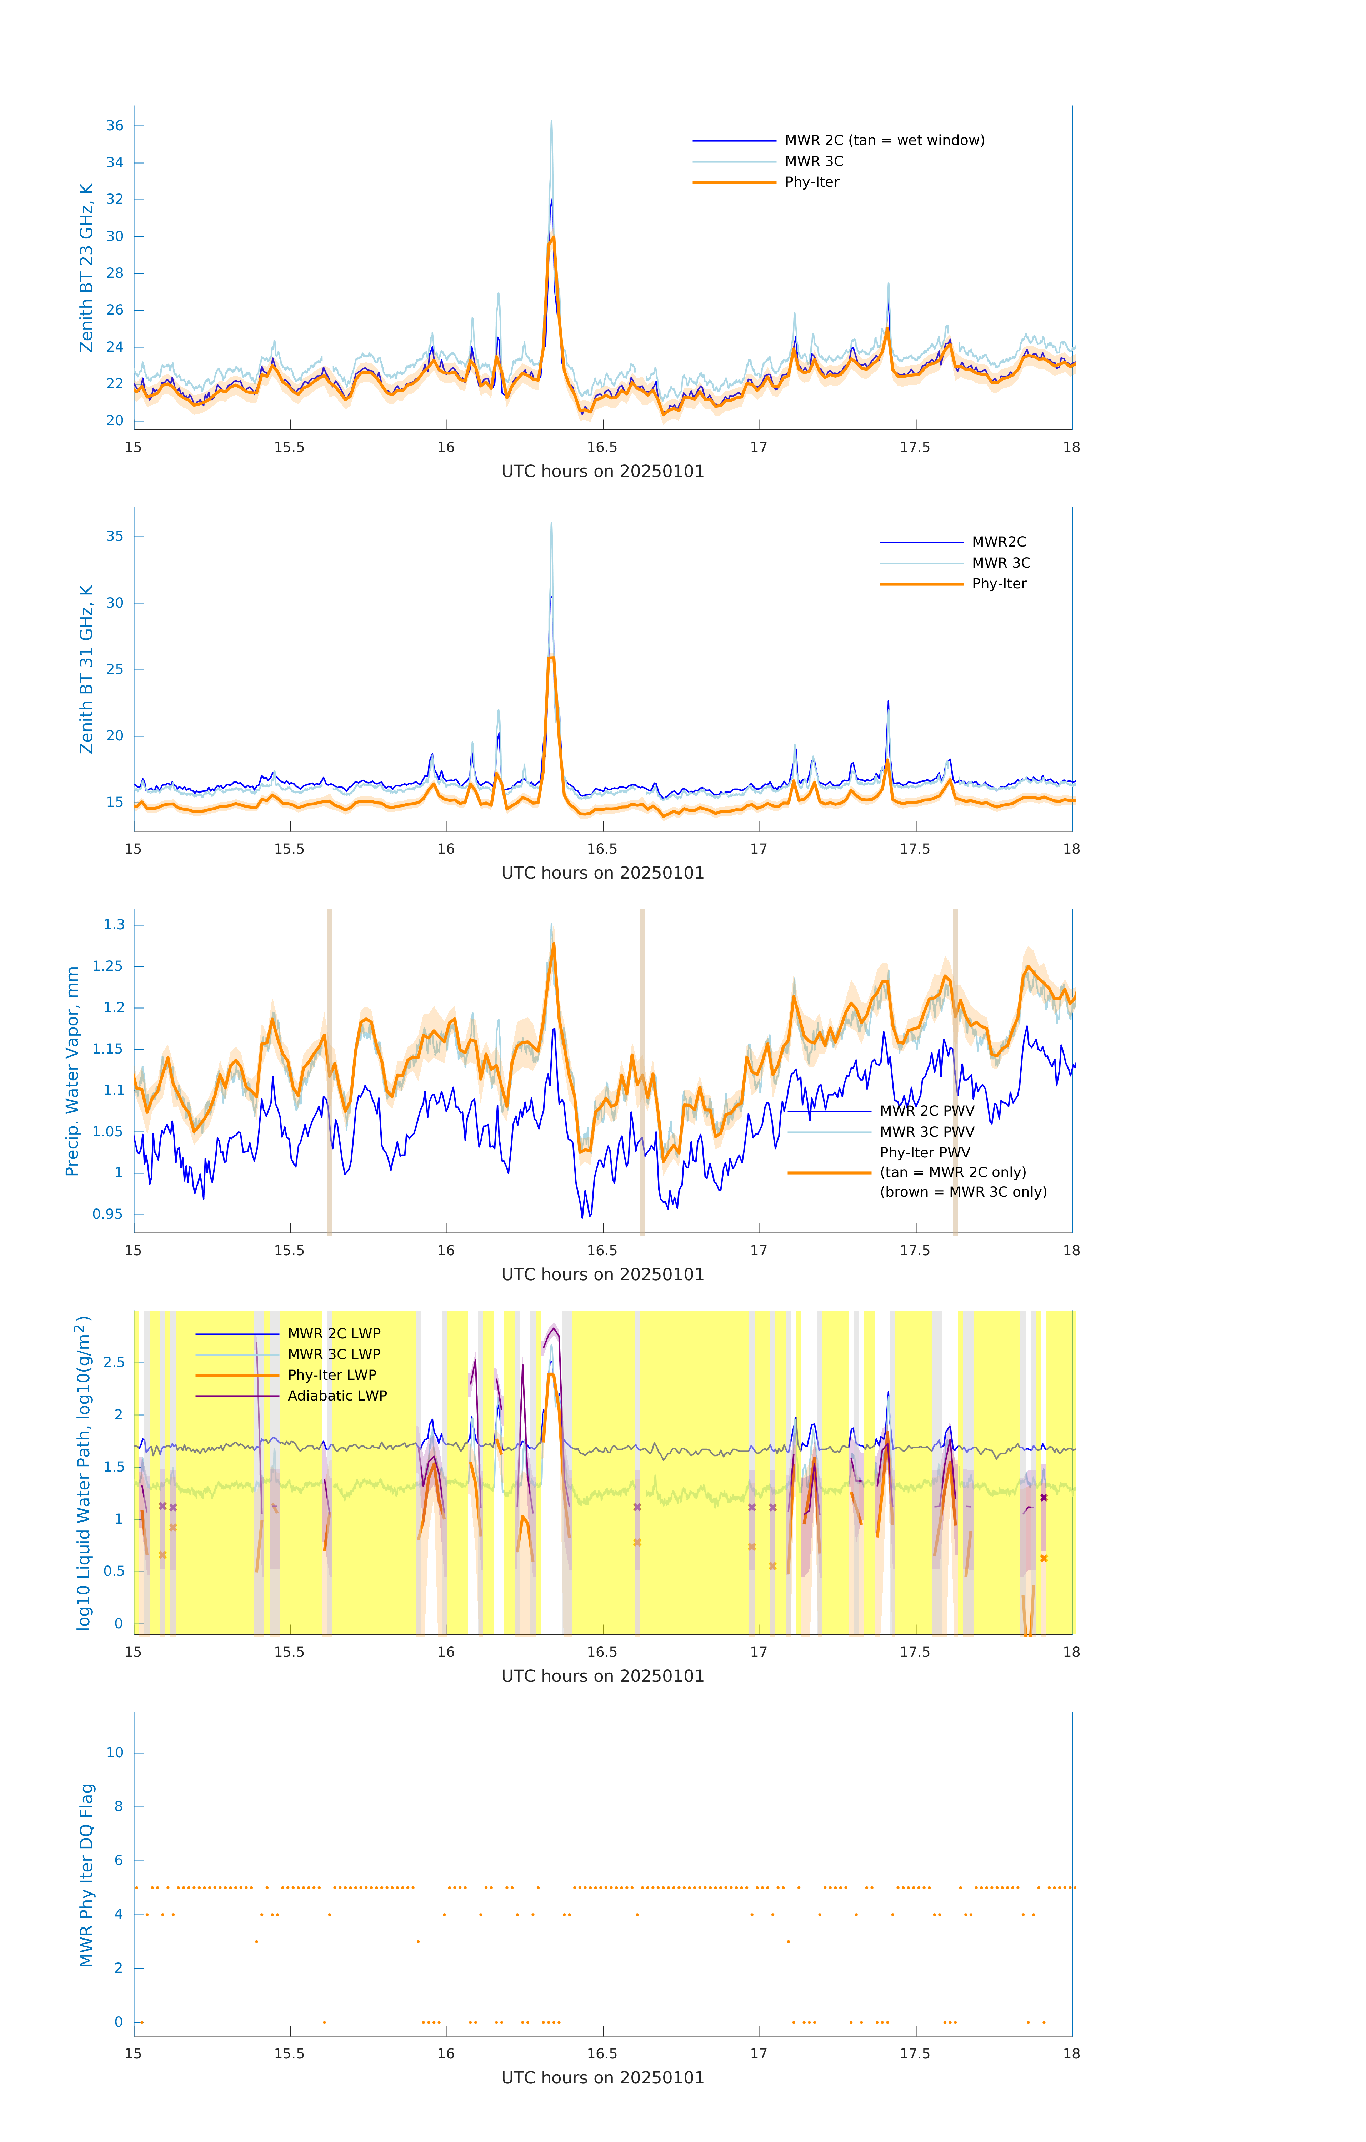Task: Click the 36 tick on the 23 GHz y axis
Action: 115,125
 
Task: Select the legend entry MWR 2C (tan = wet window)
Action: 884,141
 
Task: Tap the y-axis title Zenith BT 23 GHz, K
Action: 86,268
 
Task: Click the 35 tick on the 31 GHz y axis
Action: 115,536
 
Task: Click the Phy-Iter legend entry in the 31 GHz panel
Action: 999,584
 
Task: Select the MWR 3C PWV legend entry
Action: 926,1131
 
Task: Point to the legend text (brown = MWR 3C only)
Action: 963,1192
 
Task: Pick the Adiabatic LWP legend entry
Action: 336,1396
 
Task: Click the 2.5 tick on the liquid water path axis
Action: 114,1363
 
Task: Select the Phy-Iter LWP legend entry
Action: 331,1375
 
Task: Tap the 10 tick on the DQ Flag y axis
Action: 115,1753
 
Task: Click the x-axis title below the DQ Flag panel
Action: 602,2078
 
